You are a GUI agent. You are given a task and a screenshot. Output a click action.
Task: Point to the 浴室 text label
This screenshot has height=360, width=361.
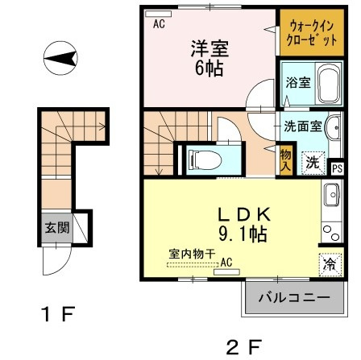click(x=297, y=84)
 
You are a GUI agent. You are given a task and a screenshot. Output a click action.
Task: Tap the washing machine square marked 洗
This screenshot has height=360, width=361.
click(x=310, y=159)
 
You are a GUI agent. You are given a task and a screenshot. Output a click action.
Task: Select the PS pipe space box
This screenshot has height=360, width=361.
click(x=337, y=168)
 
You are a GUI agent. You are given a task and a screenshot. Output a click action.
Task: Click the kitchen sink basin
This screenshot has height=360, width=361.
click(x=331, y=194)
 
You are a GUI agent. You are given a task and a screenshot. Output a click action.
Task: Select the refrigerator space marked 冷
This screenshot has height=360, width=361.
click(x=329, y=263)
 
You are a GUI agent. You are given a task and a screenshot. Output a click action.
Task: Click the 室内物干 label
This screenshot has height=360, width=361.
click(x=191, y=254)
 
